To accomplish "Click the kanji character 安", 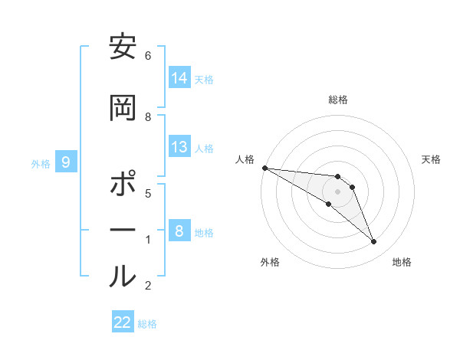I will (x=123, y=50).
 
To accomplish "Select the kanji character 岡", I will (x=123, y=107).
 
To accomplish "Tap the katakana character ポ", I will (x=123, y=185).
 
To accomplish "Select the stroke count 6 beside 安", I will (x=147, y=56).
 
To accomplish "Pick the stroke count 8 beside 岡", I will (x=148, y=116).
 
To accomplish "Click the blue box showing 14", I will (x=179, y=78).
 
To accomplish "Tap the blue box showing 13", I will (x=179, y=148).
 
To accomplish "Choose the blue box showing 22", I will (x=123, y=322).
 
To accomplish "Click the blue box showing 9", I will (x=66, y=162).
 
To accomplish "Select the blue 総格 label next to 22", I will (x=147, y=324).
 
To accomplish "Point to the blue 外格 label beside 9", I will (x=41, y=163).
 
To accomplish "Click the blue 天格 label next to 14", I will (x=204, y=79).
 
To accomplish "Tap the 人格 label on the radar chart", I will (x=245, y=159).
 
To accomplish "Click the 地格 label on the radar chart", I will (x=402, y=262).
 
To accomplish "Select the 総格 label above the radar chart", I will (x=337, y=100).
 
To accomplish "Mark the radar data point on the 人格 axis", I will (x=264, y=168).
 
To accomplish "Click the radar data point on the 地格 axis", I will (x=373, y=242).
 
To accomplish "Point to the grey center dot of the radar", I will (x=337, y=191).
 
